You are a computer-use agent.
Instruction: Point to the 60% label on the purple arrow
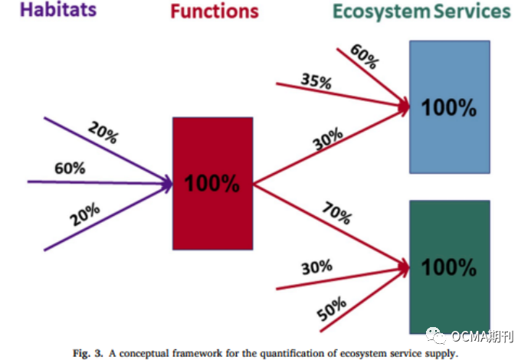tap(70, 169)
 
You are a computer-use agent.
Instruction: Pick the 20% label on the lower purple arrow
tap(85, 217)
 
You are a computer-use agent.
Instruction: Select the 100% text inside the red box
tap(212, 184)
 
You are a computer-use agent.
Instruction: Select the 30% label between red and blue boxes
tap(328, 140)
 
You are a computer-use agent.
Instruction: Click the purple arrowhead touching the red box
tap(165, 182)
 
